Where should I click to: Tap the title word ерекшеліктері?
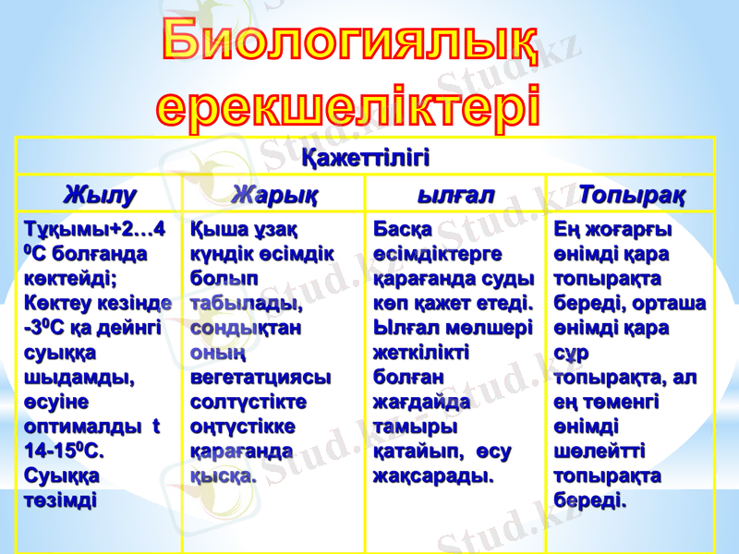tap(347, 103)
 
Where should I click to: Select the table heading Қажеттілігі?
tap(366, 155)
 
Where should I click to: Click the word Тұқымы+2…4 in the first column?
tap(95, 227)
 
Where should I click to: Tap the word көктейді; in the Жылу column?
tap(75, 277)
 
